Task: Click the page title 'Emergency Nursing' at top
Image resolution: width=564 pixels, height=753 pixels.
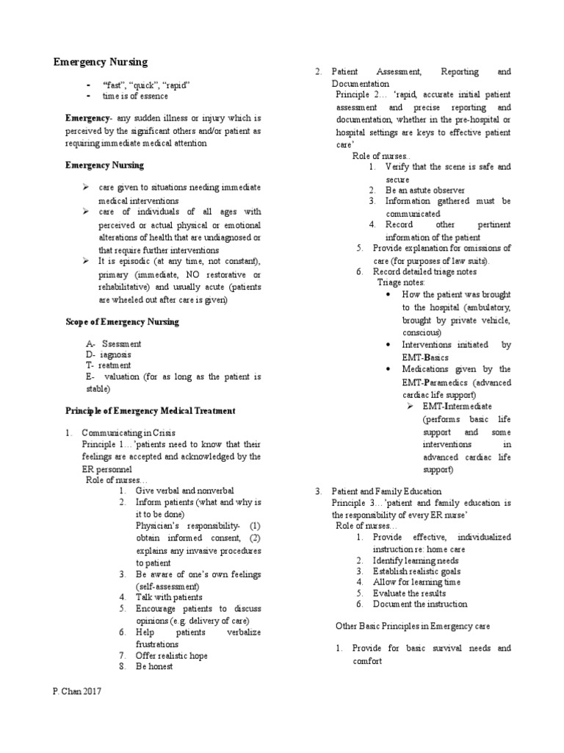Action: click(x=101, y=62)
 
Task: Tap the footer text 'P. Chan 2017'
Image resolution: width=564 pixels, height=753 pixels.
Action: click(x=78, y=691)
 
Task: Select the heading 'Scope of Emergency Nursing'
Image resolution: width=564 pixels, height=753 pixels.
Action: click(x=122, y=322)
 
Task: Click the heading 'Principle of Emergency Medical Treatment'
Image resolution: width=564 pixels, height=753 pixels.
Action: click(x=151, y=410)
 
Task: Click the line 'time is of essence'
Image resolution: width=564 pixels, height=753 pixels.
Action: click(x=135, y=96)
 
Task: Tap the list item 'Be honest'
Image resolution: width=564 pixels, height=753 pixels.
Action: click(x=154, y=667)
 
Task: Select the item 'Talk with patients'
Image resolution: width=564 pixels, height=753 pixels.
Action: click(x=169, y=597)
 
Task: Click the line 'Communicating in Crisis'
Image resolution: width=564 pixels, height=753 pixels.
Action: click(x=129, y=432)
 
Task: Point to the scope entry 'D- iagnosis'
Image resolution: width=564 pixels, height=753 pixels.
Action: click(x=108, y=354)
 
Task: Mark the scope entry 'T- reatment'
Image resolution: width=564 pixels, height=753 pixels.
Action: click(x=108, y=365)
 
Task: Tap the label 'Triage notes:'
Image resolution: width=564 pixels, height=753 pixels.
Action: click(x=401, y=282)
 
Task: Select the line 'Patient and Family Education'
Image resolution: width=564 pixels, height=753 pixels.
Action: click(x=386, y=491)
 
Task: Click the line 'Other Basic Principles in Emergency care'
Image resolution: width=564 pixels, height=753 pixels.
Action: click(x=412, y=626)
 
